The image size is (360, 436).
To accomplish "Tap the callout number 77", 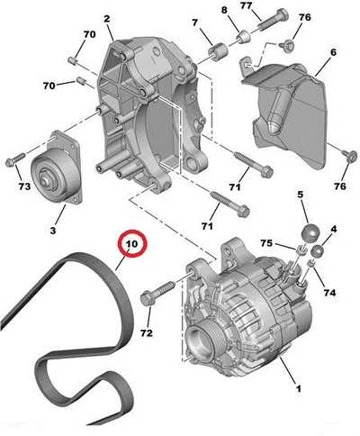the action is coord(247,5).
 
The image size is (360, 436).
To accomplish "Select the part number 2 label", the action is coord(107,19).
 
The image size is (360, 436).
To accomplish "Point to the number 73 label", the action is coord(24,186).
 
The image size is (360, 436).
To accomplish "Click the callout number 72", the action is coord(147,332).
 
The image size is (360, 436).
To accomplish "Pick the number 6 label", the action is coord(333,53).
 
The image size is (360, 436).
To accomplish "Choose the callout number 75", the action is coord(265,243).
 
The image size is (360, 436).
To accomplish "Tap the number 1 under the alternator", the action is coord(298,389).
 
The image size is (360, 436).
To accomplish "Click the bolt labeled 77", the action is coord(272,20).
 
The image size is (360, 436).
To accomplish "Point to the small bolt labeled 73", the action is coord(15,159).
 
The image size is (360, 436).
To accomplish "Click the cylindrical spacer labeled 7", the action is coord(218,51).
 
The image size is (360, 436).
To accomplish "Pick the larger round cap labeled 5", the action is coord(310,232).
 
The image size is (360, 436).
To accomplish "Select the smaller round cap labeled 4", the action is coord(318,251).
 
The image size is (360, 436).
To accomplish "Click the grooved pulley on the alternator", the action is coord(200,341).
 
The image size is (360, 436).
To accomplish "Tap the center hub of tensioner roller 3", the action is coord(46,178).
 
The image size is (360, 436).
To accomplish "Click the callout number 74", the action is coord(329,293).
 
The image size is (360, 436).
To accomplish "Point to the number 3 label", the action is coord(53,231).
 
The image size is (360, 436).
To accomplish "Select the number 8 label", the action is coord(224,10).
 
